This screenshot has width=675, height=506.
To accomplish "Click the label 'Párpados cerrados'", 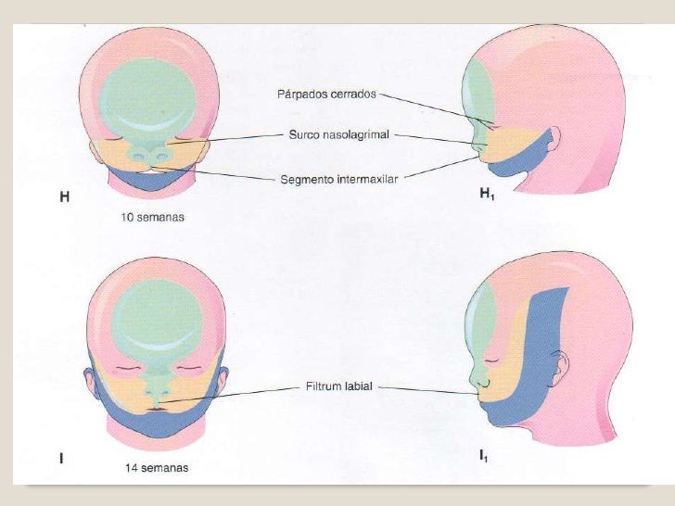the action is point(327,94).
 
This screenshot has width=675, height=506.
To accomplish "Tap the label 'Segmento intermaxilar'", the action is point(339,179).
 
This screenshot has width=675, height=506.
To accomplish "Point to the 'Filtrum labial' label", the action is point(339,386).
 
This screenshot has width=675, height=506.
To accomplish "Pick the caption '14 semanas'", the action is point(157,468).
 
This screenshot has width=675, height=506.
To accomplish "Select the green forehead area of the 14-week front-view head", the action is point(156,315).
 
